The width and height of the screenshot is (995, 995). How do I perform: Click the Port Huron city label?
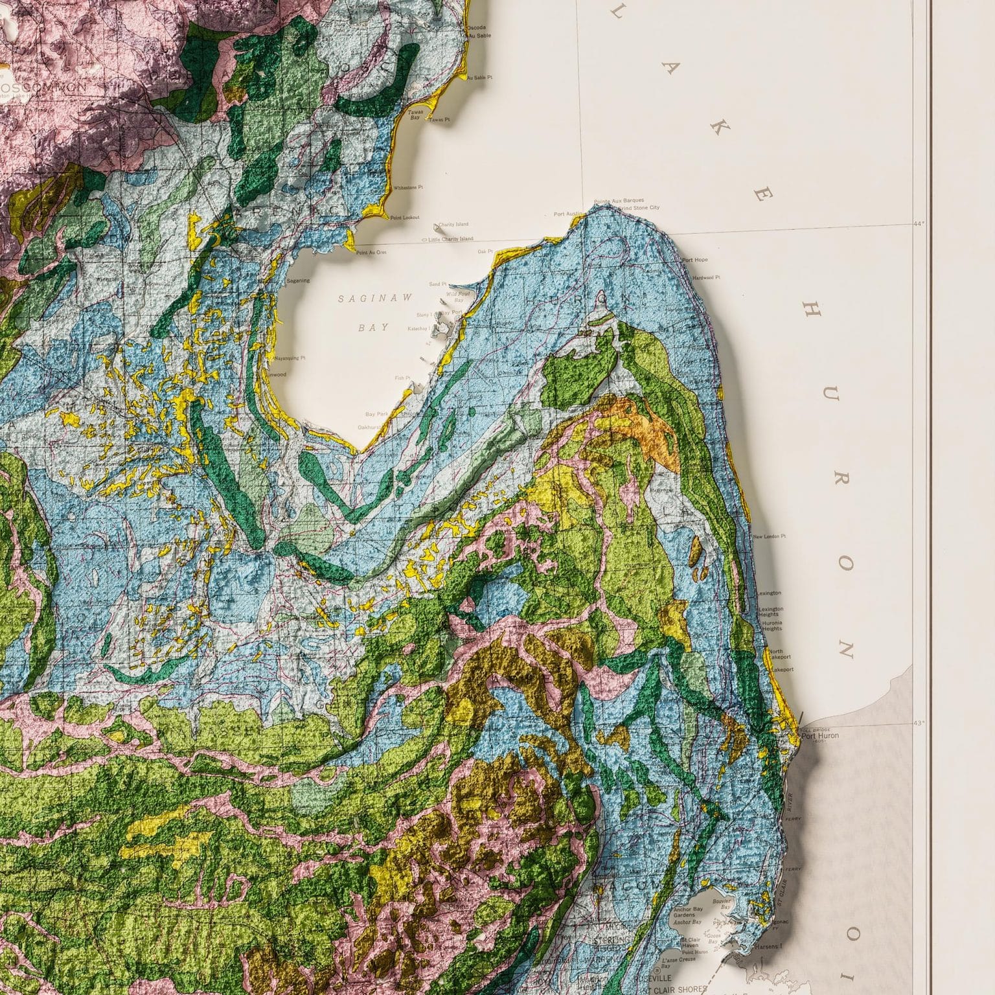click(819, 735)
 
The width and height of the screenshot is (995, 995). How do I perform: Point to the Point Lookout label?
click(404, 218)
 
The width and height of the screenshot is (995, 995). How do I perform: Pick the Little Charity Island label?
click(451, 239)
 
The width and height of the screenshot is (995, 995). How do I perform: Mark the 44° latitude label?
click(918, 223)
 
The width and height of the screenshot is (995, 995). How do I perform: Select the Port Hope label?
click(695, 260)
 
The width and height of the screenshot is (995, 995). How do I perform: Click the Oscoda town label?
click(475, 28)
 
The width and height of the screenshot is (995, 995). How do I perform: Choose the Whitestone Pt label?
click(408, 187)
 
